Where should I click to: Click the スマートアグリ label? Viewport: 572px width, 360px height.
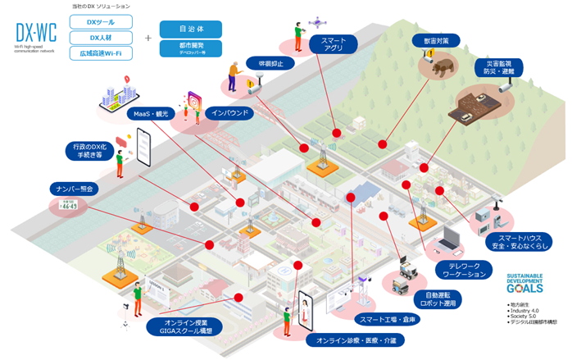click(333, 43)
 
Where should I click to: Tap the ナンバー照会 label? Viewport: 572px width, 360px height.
click(74, 188)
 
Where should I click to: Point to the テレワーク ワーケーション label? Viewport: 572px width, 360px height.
click(470, 270)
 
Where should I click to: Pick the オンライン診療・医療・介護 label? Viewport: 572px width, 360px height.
click(355, 339)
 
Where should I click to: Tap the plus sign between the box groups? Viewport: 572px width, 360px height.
click(148, 38)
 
